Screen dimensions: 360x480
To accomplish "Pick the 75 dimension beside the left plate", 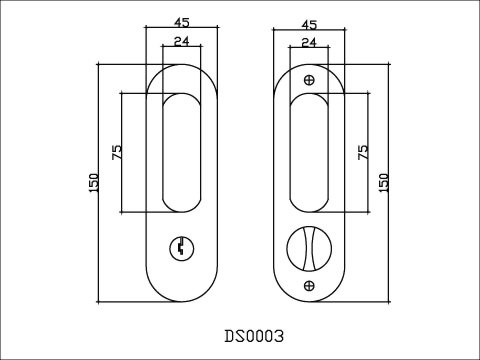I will coord(116,152).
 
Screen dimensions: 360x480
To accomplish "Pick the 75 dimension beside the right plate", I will coord(364,152).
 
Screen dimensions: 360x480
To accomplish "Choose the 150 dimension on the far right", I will coord(383,182).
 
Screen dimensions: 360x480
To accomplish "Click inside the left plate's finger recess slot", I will coord(180,150).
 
